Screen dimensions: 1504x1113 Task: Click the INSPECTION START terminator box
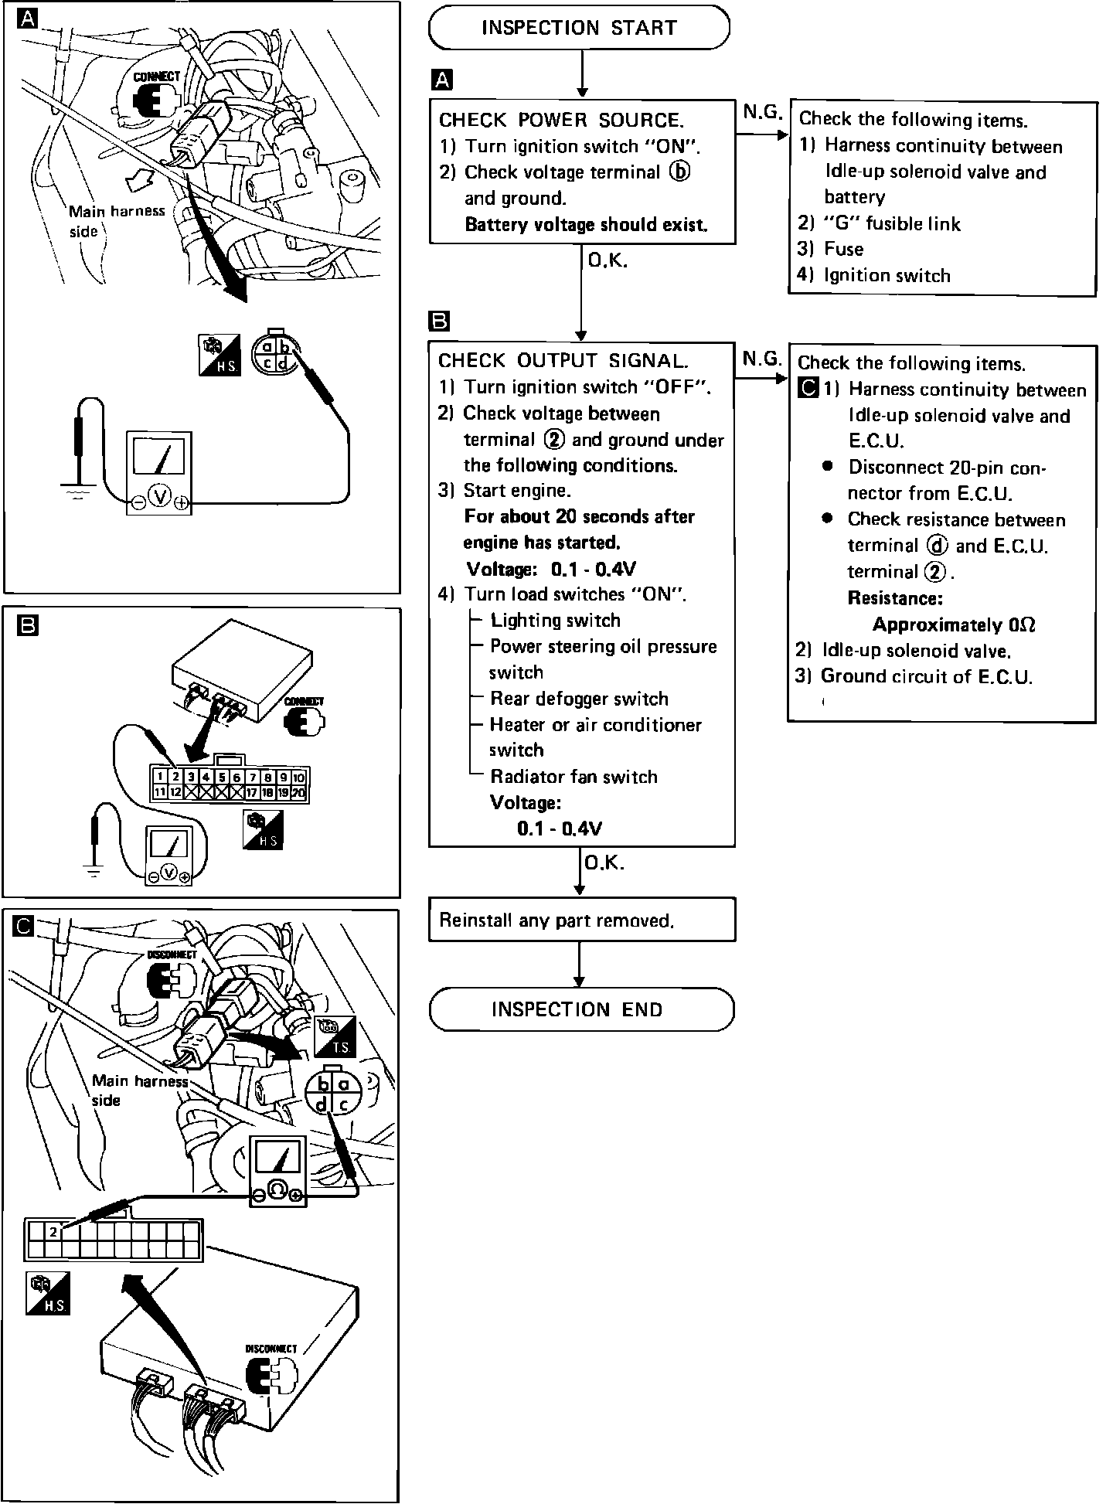(579, 28)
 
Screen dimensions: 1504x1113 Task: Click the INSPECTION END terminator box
(580, 1009)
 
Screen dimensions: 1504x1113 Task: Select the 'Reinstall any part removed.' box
(581, 920)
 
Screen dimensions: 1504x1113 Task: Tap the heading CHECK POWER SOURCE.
(561, 120)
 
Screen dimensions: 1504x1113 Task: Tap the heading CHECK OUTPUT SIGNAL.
(563, 360)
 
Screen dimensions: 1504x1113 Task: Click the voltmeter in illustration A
(159, 472)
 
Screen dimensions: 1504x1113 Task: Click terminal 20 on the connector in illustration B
(299, 792)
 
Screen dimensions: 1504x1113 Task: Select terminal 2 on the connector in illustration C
(53, 1231)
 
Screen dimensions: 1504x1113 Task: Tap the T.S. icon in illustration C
(335, 1037)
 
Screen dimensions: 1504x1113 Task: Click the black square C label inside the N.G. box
(808, 388)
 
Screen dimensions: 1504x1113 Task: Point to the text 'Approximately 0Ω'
(954, 624)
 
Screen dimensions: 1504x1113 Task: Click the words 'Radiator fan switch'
(574, 777)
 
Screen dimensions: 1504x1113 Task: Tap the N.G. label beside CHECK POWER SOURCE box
(762, 113)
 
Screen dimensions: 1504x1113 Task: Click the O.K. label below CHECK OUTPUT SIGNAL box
(604, 863)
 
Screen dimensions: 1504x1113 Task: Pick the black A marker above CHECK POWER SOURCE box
(442, 80)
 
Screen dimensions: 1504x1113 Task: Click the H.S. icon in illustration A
(220, 356)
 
